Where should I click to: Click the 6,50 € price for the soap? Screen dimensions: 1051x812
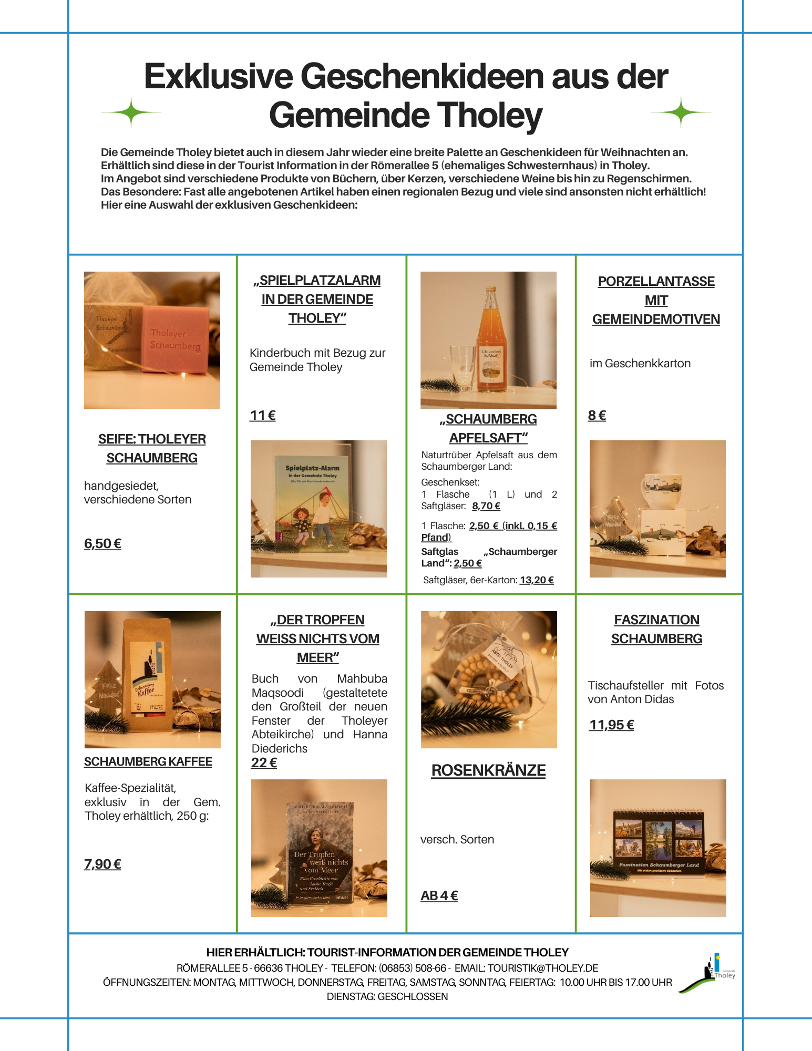(x=102, y=543)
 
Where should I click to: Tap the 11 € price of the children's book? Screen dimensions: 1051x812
(x=263, y=416)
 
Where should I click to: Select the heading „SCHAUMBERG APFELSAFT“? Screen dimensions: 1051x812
(x=488, y=428)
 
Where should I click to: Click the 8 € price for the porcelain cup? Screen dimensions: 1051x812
(x=597, y=416)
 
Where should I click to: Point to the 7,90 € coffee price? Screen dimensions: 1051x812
(x=102, y=864)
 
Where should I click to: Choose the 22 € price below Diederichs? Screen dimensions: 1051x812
(x=264, y=763)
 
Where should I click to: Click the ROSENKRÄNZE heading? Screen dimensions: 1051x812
(x=488, y=770)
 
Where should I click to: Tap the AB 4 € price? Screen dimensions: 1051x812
(x=439, y=895)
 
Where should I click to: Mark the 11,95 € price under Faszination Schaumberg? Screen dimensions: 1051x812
(x=611, y=725)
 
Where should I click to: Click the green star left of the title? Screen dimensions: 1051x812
(x=131, y=112)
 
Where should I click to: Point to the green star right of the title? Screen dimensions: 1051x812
(x=681, y=112)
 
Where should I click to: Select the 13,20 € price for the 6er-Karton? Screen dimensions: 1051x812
(x=537, y=580)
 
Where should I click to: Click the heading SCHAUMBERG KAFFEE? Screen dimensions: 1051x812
(x=148, y=762)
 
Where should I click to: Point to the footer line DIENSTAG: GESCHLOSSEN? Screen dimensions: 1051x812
(x=387, y=996)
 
